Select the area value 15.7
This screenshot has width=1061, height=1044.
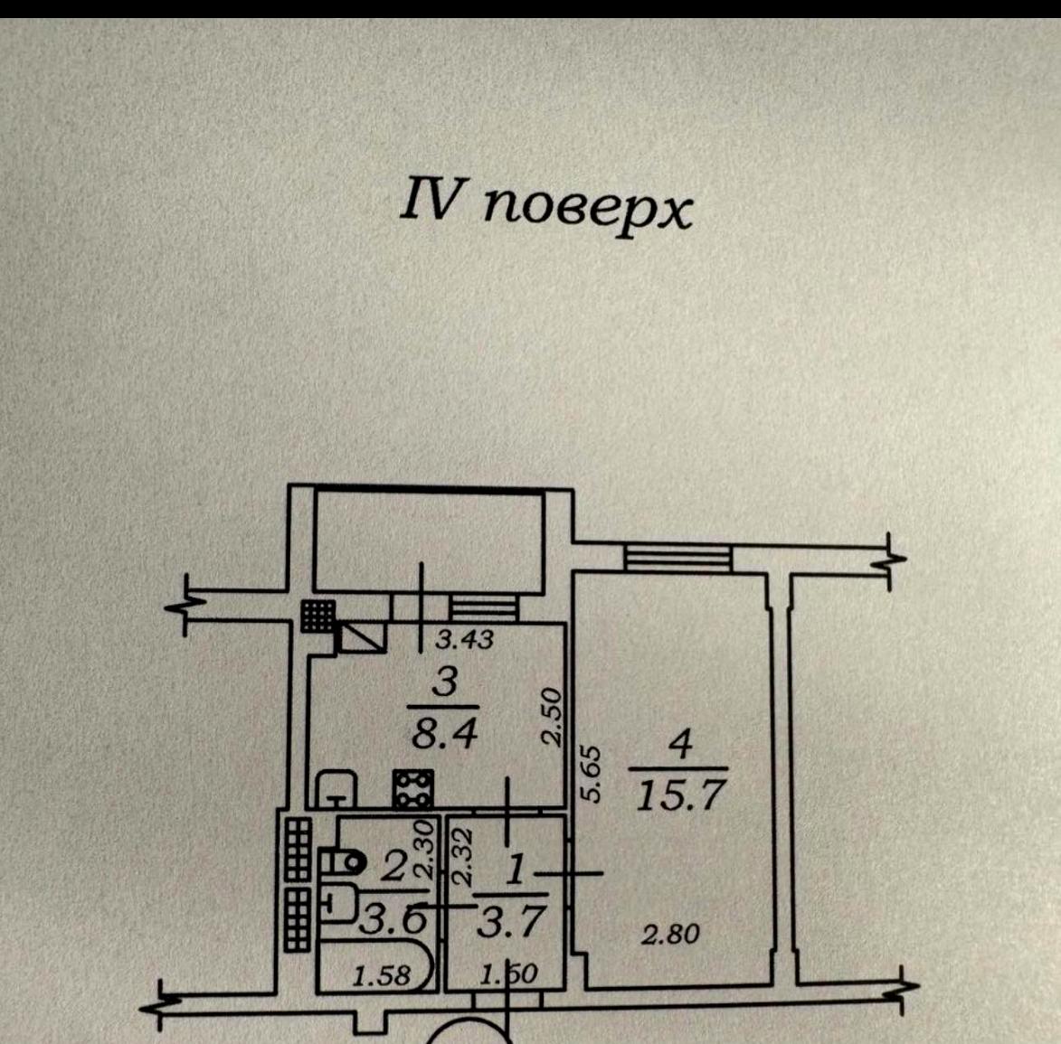click(681, 795)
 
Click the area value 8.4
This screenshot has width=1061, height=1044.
click(444, 733)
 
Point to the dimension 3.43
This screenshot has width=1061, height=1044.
click(464, 640)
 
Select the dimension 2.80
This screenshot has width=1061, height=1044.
click(670, 935)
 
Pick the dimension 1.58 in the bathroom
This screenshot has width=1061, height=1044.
click(382, 975)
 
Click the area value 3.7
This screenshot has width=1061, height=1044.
click(510, 920)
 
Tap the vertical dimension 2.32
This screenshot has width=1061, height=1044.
click(462, 858)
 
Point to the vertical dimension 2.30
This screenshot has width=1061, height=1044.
click(423, 849)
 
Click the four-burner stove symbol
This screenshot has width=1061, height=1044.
click(413, 788)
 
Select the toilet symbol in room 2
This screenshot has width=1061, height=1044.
click(342, 862)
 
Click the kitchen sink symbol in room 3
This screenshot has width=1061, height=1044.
click(336, 788)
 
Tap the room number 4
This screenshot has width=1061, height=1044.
click(680, 745)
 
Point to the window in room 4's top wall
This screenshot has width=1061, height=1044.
click(677, 558)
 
